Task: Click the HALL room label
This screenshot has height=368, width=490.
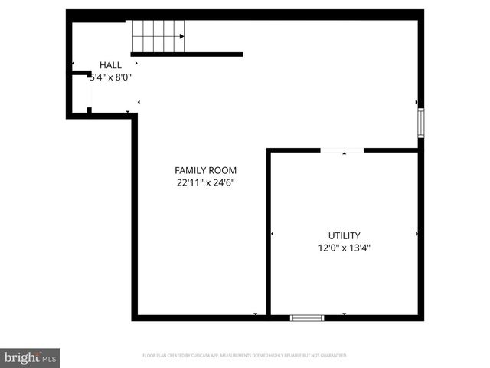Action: coord(110,65)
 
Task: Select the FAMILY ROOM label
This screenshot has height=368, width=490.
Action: coord(205,170)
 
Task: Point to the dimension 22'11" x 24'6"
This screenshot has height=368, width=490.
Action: coord(205,182)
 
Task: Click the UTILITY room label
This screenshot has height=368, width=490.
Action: coord(344,235)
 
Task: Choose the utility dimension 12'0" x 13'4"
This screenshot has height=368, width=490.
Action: coord(344,248)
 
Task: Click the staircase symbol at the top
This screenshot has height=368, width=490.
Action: coord(158,36)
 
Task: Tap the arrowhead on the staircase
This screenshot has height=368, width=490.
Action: coord(181,36)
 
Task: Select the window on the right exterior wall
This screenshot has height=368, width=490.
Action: coord(420,123)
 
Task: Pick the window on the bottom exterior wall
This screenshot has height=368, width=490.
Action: coord(307,317)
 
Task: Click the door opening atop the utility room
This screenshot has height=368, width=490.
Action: coord(341,150)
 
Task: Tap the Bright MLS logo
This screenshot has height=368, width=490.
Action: coord(31,357)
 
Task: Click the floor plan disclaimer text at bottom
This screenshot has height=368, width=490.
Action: coord(245,356)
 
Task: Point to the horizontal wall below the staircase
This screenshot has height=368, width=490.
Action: coord(187,54)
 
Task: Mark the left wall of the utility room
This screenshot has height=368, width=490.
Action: coord(269,230)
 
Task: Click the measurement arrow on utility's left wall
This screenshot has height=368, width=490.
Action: coord(273,233)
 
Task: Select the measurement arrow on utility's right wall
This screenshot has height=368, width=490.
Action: coord(416,233)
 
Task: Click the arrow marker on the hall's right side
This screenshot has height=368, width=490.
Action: coord(138,101)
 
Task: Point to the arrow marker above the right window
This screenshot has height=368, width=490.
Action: coord(416,101)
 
